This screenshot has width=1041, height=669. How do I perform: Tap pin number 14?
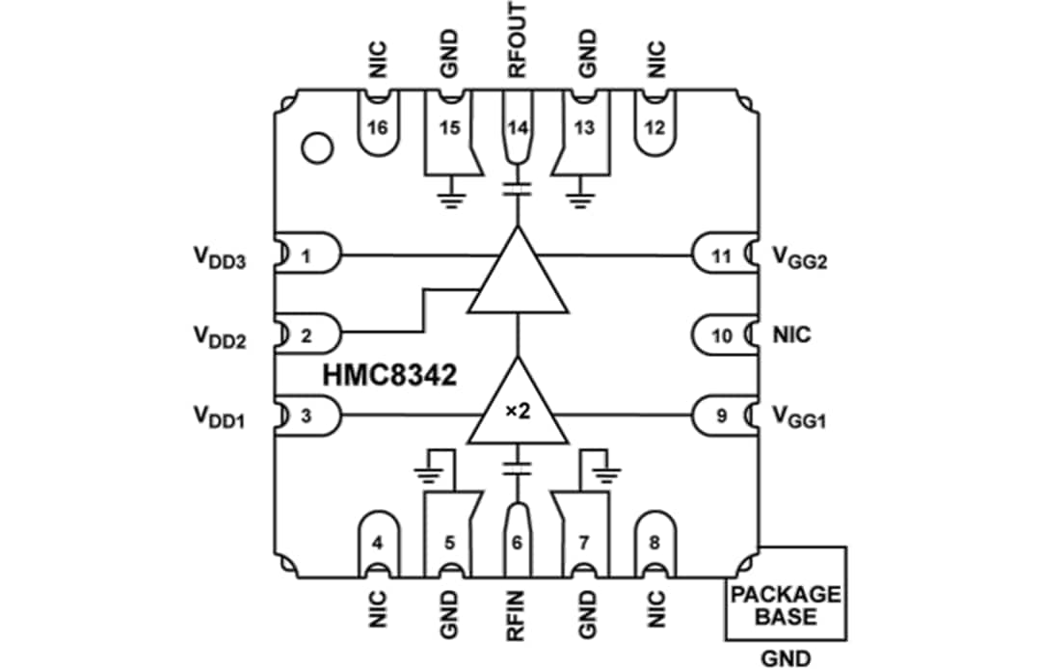coord(519,128)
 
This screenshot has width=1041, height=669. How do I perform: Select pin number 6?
coord(518,542)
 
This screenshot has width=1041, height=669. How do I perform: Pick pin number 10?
coord(722,335)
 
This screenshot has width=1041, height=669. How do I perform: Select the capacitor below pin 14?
coord(519,187)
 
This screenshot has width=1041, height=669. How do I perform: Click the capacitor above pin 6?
coord(518,468)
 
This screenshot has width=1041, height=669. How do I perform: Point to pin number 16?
coord(378,128)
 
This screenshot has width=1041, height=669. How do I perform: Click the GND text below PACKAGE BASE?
coord(786,656)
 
